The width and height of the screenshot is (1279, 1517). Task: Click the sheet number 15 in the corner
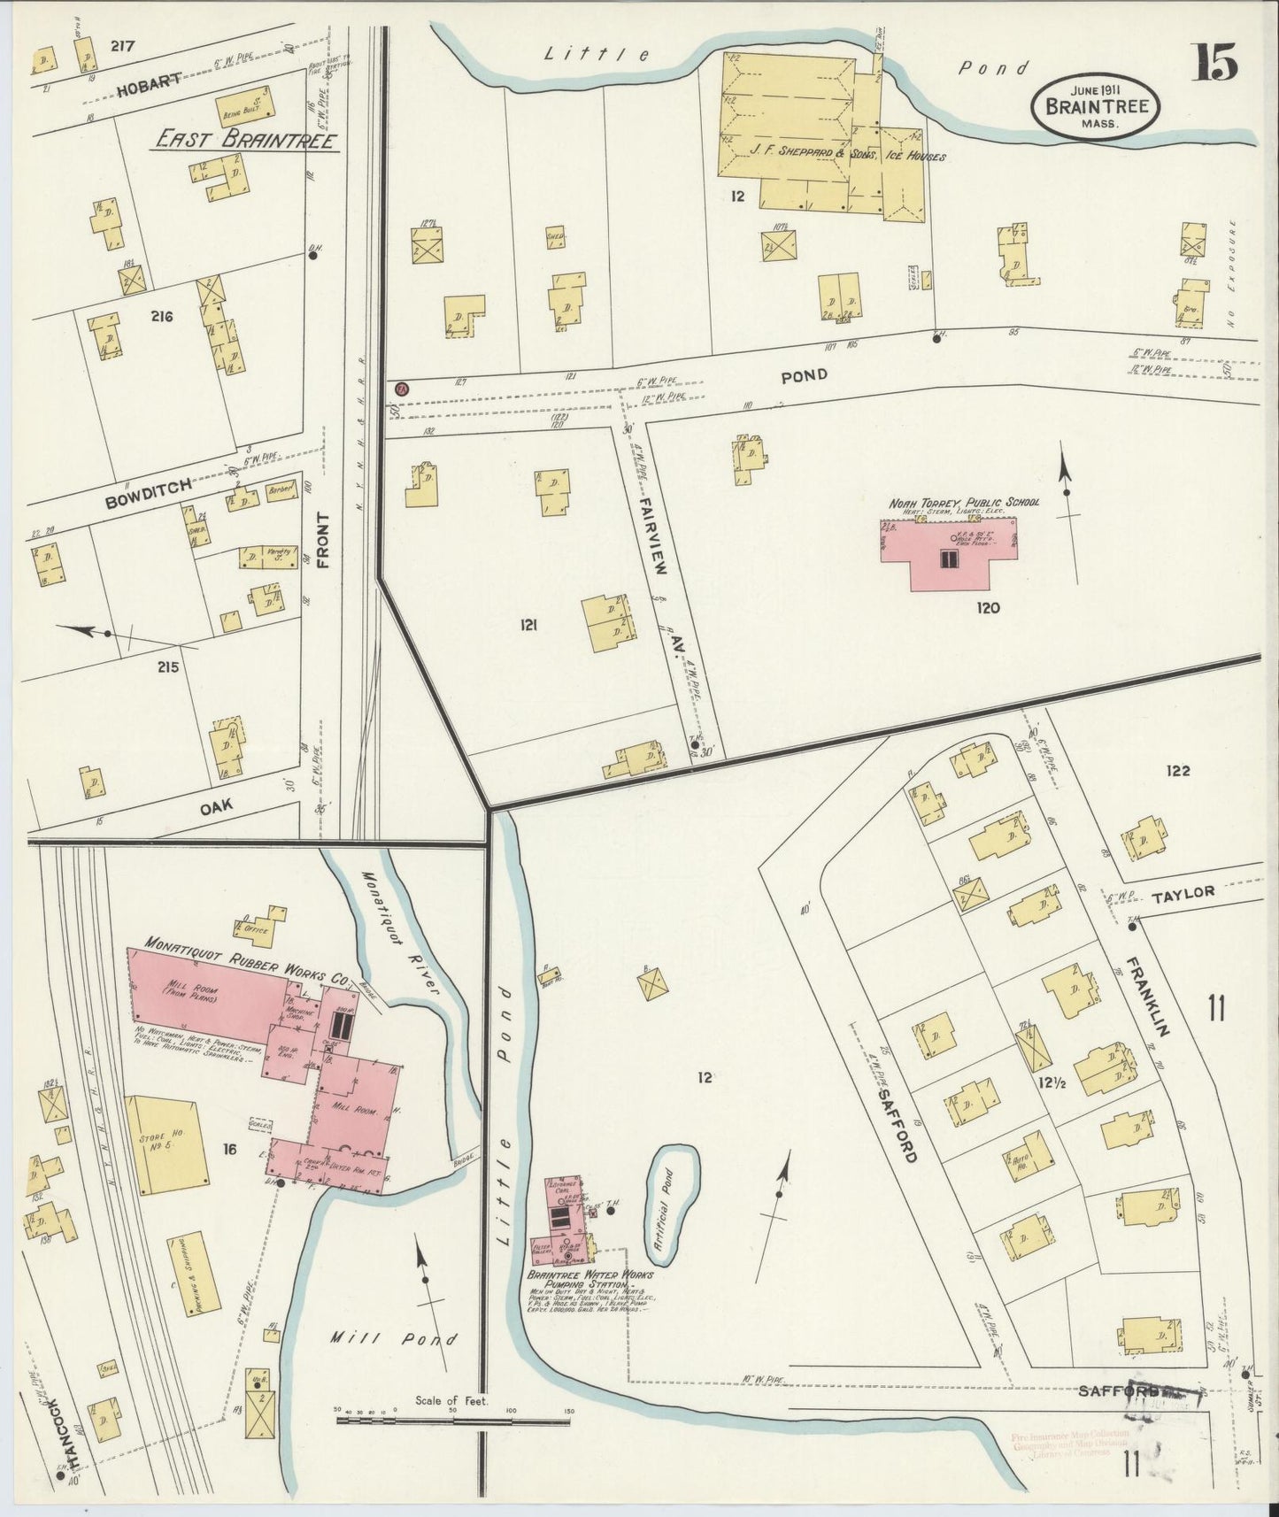(x=1219, y=65)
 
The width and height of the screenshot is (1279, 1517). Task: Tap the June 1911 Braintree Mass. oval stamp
(x=1098, y=105)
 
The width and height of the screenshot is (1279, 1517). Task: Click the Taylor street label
(x=1183, y=893)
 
